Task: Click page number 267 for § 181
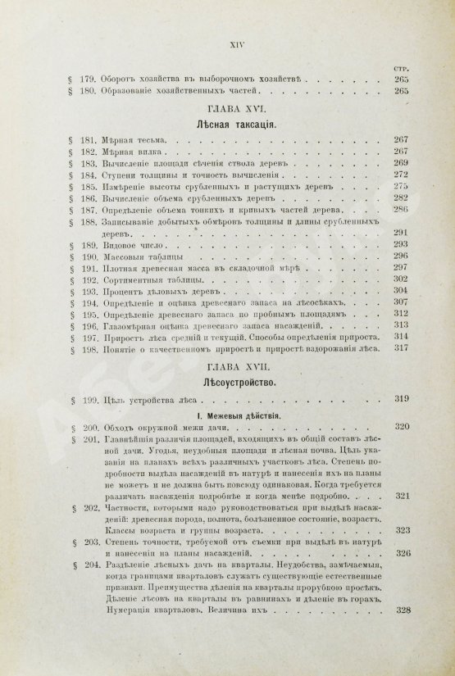click(x=401, y=141)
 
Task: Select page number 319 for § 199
click(x=402, y=400)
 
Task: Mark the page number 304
click(x=401, y=290)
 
